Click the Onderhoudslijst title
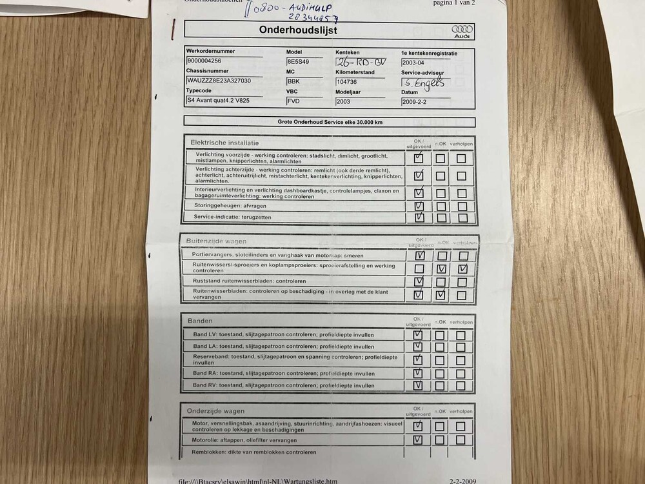297,30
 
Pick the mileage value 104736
347,82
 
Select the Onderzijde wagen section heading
215,410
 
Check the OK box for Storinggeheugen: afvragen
419,207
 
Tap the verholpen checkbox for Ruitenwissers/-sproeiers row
462,268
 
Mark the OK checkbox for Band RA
418,373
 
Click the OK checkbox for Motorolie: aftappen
418,440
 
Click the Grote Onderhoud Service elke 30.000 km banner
329,121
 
